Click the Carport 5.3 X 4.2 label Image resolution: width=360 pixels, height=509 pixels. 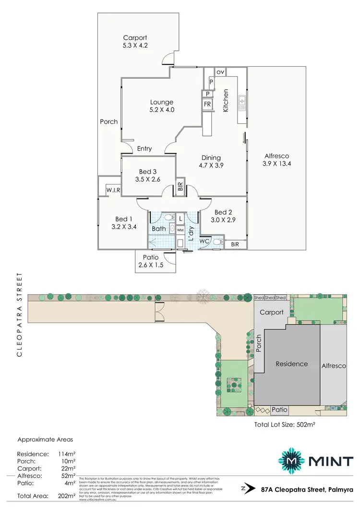(x=135, y=42)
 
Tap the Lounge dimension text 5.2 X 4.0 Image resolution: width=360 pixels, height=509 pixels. (x=161, y=110)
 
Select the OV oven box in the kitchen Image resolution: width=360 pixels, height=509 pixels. (x=220, y=72)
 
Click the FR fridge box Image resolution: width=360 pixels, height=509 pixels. (x=207, y=104)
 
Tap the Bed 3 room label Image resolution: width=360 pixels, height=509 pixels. (x=148, y=171)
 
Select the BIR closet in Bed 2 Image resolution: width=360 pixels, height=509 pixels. (x=234, y=244)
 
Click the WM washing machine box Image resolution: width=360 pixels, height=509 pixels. (x=180, y=230)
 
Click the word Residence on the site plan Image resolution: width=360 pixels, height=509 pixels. (x=291, y=364)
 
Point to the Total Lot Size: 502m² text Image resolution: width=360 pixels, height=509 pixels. (x=287, y=424)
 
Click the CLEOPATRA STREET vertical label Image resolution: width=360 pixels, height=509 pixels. (x=19, y=315)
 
